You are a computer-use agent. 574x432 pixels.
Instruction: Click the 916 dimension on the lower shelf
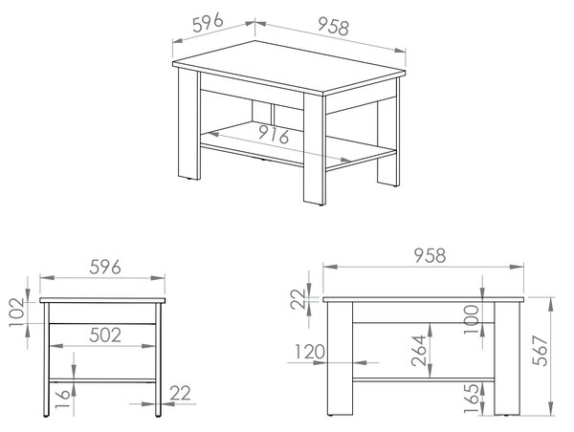(x=274, y=134)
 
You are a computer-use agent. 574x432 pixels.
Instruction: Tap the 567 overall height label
(x=540, y=351)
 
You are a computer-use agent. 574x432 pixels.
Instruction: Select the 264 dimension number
(x=418, y=351)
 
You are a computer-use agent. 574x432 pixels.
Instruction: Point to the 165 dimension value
(x=471, y=398)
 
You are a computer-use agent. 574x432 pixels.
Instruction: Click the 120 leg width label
(x=310, y=352)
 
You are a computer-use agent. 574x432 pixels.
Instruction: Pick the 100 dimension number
(x=471, y=319)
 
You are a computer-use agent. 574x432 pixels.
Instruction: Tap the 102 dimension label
(x=17, y=313)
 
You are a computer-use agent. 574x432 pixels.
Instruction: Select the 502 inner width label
(x=105, y=335)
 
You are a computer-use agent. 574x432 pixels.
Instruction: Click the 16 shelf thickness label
(x=62, y=400)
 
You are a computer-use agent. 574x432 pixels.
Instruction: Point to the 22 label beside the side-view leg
(x=180, y=394)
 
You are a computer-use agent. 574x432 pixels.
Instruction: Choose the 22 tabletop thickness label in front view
(x=298, y=299)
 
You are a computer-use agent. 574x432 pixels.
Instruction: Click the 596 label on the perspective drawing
(x=208, y=22)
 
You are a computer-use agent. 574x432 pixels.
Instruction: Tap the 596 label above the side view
(x=105, y=267)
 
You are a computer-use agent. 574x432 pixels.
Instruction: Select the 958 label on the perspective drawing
(x=333, y=26)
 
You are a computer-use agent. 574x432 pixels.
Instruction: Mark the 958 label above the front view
(x=430, y=255)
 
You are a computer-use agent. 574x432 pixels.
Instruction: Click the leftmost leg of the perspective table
(x=188, y=124)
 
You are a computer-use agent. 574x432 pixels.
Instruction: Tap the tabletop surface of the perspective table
(x=289, y=67)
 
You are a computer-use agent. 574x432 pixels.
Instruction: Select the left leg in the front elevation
(x=340, y=358)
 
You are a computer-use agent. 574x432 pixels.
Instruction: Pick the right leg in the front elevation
(x=507, y=358)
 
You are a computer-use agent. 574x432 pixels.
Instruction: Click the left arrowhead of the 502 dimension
(x=55, y=346)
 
